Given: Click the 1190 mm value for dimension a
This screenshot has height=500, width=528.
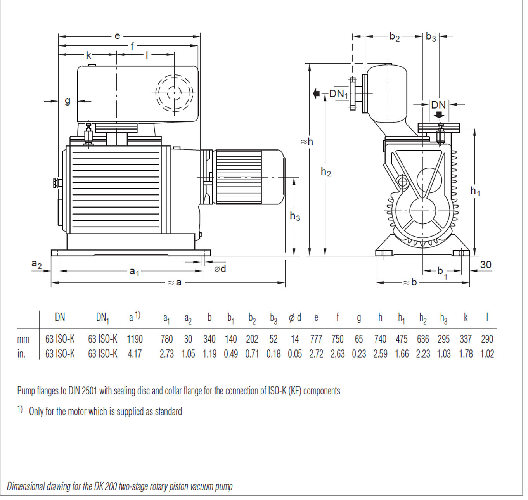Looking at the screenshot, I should tap(135, 339).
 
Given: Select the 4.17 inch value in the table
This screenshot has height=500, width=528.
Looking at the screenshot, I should tap(135, 354).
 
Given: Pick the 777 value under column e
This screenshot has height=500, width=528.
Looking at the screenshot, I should tap(316, 339).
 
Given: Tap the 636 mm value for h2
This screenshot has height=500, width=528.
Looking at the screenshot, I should tap(423, 339).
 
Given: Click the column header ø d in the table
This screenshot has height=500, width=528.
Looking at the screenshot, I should tap(295, 318).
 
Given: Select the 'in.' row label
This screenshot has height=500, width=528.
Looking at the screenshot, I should tap(22, 354).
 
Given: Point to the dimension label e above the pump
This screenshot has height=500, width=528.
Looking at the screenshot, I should tap(118, 36).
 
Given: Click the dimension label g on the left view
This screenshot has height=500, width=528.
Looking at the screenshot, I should tap(68, 101).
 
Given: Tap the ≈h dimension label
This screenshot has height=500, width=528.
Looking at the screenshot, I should tap(307, 142).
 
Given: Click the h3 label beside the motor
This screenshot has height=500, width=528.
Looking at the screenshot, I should tap(295, 216).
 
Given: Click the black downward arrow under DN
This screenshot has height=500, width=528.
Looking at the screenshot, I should tap(439, 115).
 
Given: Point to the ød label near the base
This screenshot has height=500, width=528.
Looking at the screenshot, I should tap(220, 268).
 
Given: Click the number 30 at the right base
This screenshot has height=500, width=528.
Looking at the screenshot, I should tap(485, 265).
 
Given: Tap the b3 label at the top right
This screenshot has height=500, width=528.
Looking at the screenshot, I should tap(431, 37).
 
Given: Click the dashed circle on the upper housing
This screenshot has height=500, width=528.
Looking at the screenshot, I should tap(174, 93).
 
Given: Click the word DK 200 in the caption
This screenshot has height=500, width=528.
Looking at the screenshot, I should tap(105, 486).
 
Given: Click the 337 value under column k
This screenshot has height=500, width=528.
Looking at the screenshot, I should tap(466, 339).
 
